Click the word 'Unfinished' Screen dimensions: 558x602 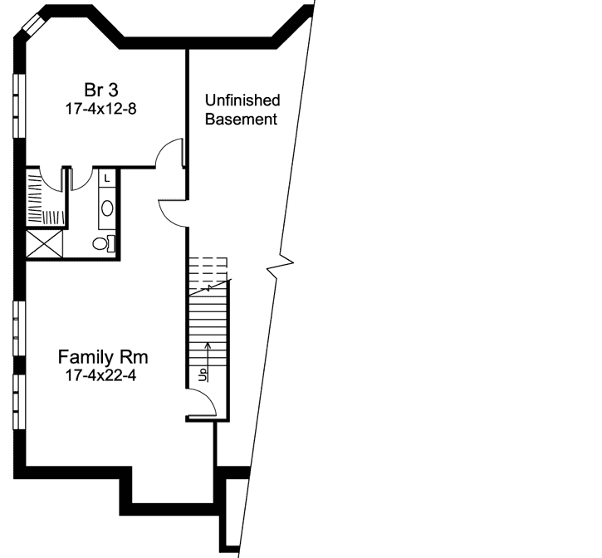coord(242,100)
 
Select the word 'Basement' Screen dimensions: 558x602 coord(242,120)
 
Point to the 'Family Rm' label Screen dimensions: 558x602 coord(103,358)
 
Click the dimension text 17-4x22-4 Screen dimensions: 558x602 coord(103,376)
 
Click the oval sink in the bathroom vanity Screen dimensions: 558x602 coord(107,208)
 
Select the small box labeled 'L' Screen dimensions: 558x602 coord(107,178)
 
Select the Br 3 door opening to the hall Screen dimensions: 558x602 coord(169,153)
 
